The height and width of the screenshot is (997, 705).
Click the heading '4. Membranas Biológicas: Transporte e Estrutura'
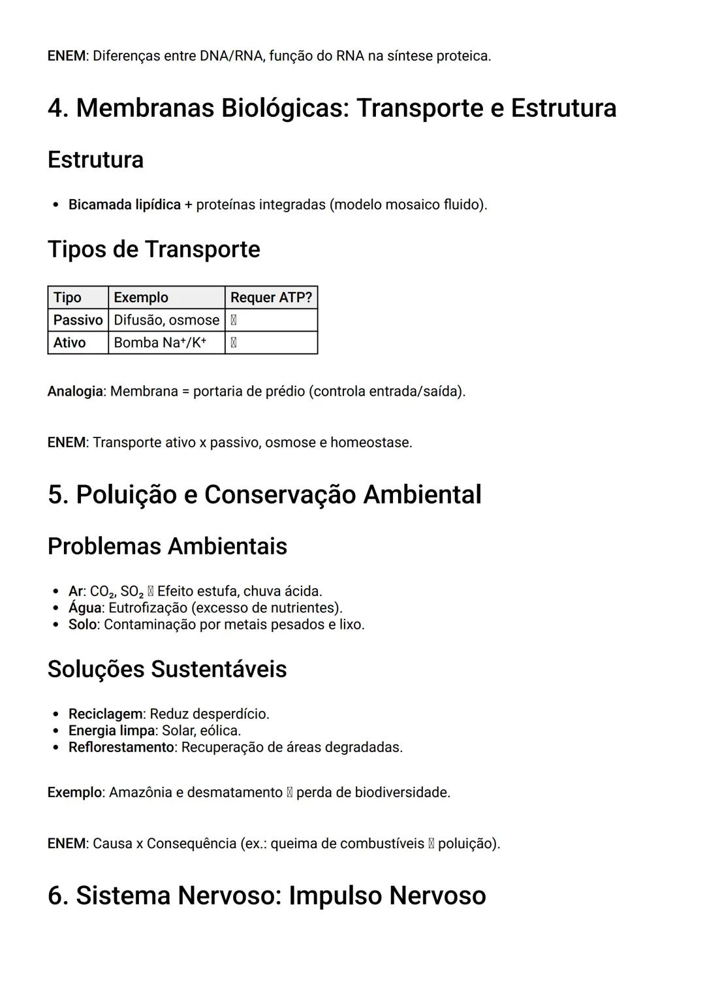point(332,108)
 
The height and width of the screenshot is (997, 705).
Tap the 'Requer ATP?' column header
point(271,298)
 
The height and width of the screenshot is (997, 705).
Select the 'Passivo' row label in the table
point(78,320)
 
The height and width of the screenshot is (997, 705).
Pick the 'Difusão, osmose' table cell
point(166,320)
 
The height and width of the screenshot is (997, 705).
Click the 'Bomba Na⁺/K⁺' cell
point(160,343)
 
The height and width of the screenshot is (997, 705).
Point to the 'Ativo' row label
point(69,343)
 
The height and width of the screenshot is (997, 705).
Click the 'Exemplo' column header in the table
point(141,298)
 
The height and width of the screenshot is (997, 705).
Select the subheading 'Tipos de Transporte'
point(153,249)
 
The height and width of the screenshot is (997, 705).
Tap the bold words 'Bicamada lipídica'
point(124,205)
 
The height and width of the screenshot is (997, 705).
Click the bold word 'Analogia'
point(75,392)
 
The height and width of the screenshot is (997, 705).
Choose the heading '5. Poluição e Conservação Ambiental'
point(264,495)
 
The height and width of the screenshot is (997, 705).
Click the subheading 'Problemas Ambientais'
point(167,546)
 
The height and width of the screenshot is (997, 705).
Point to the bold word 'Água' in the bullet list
point(85,608)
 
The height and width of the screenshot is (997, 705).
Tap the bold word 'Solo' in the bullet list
point(82,625)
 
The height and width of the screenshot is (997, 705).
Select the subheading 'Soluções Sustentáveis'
point(167,669)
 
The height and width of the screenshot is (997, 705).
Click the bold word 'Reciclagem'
point(105,714)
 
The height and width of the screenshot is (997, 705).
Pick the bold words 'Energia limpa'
point(111,731)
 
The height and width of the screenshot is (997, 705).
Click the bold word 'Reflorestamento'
point(121,748)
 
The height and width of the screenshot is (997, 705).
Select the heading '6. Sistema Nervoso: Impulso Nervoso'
point(266,896)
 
